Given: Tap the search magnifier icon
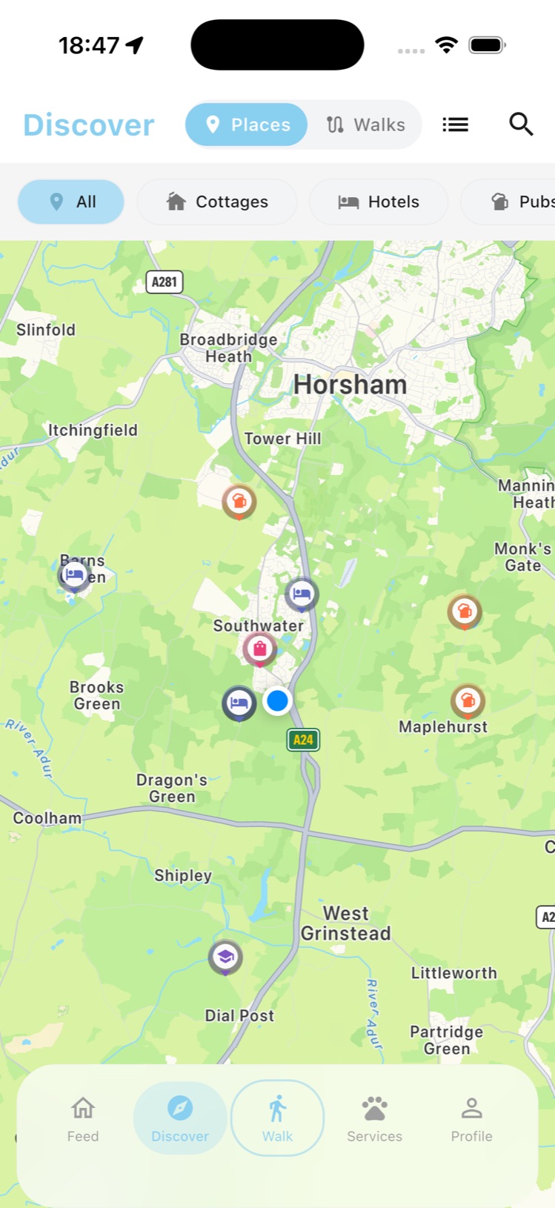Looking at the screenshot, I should (x=521, y=125).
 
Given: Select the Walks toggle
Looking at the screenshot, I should (x=366, y=125).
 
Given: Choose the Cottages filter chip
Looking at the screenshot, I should (x=217, y=202).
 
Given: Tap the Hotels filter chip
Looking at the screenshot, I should (x=379, y=202).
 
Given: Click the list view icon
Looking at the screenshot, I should (x=455, y=125).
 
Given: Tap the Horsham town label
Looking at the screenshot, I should (x=350, y=385).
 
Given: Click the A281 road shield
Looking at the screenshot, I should (x=164, y=282).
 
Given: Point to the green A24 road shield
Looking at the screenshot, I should (x=303, y=740).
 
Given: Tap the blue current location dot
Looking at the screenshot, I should (x=277, y=700).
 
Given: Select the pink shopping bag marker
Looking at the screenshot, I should (x=259, y=650).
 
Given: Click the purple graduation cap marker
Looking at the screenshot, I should (x=225, y=957).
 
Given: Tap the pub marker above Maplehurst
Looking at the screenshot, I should (x=468, y=700).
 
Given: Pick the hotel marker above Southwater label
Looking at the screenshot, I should (x=302, y=594).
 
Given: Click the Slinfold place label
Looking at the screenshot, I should (x=46, y=330).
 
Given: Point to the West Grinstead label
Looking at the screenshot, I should (x=345, y=923).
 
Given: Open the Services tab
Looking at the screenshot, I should (x=374, y=1118).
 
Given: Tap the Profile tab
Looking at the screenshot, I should (x=471, y=1118).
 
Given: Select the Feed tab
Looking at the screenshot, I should (x=83, y=1118).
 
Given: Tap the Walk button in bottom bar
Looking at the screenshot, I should (x=277, y=1118).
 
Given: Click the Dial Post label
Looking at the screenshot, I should (x=239, y=1015).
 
